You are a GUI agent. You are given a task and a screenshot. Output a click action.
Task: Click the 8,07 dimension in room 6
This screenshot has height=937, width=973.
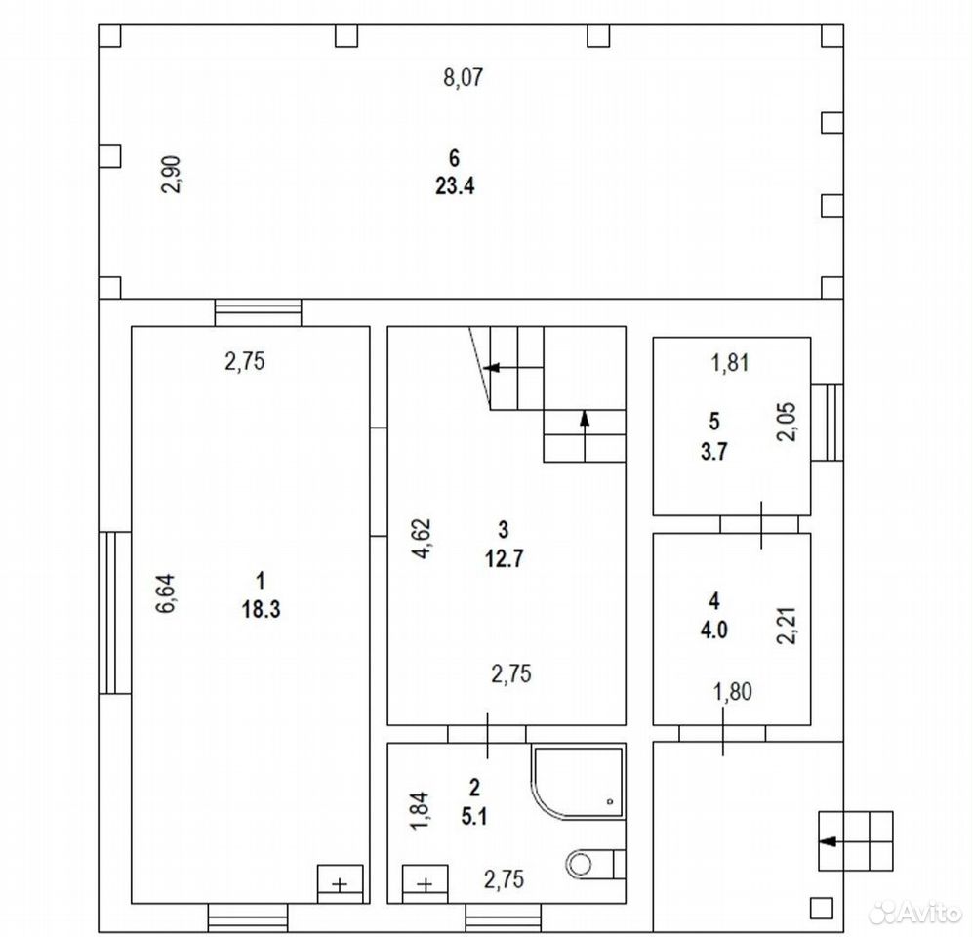463,78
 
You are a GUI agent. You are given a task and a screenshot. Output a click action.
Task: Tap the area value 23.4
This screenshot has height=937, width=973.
455,185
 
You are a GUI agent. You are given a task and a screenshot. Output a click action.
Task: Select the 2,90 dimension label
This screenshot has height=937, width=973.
171,175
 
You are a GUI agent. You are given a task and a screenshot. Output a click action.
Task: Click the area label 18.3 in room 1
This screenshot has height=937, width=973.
262,609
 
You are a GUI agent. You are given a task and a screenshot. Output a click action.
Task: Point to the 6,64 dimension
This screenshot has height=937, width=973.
166,593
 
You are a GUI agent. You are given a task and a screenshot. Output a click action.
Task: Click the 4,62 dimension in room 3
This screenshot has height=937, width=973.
422,538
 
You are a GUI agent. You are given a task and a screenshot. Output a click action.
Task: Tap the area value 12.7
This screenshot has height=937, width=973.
504,558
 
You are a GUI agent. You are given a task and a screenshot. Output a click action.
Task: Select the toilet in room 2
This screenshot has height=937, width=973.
594,863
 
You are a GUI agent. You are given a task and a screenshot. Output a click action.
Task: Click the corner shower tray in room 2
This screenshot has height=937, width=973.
577,783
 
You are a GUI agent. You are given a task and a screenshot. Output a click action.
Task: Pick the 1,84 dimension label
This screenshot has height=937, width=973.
420,810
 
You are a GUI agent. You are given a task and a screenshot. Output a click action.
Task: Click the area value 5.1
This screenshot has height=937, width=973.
474,817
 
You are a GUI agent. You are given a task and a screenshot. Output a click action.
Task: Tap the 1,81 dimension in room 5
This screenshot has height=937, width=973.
730,363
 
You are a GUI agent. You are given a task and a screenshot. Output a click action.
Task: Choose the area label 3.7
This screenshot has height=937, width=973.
714,451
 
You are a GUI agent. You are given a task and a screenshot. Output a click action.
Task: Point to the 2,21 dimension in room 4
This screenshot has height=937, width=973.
788,626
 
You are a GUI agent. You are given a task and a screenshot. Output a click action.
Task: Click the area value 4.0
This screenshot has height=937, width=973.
714,630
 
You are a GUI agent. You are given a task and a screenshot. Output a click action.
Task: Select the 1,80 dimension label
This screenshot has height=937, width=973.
733,691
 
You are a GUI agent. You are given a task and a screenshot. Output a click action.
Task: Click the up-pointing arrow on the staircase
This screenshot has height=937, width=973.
585,435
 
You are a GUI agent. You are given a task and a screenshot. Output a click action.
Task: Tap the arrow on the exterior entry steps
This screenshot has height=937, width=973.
844,841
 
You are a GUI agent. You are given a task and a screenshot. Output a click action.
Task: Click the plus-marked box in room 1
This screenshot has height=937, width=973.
340,883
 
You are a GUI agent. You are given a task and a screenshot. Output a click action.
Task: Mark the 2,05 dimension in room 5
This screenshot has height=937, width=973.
788,422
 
